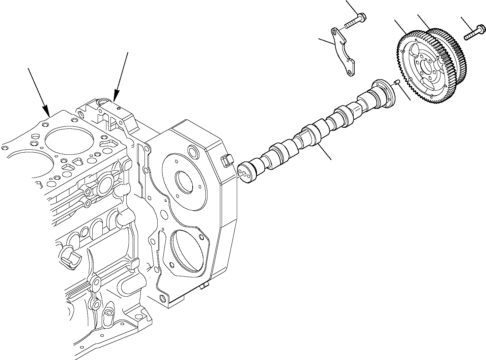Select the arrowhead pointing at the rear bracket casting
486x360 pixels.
116,98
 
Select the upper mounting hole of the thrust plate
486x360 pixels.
334,32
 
